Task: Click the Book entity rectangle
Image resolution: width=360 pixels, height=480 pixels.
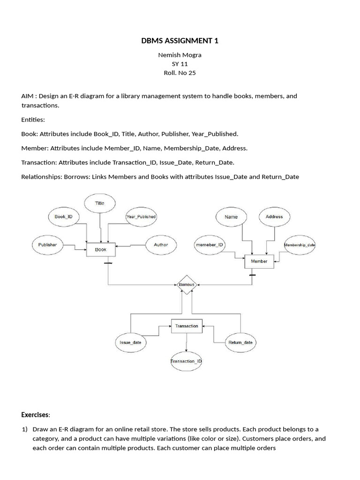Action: (x=101, y=249)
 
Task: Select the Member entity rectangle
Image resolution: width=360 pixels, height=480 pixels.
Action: (x=259, y=261)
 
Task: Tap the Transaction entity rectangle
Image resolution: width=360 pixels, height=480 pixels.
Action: (x=187, y=326)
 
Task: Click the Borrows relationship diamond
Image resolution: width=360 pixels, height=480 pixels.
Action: (x=186, y=285)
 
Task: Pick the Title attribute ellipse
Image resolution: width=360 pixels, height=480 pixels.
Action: (x=100, y=203)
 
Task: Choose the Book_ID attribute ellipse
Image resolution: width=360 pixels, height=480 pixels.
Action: (x=64, y=217)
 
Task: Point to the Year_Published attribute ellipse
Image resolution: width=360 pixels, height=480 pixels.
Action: (x=141, y=217)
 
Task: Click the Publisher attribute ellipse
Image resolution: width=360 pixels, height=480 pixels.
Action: (x=47, y=245)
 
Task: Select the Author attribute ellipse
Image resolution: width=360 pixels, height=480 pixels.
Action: (x=161, y=245)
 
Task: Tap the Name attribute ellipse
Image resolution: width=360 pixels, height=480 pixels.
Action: (x=231, y=217)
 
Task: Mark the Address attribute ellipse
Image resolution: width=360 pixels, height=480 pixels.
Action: (x=274, y=217)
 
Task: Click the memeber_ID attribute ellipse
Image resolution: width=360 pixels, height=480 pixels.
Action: (x=209, y=245)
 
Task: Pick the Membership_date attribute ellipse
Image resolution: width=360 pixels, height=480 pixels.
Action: (x=300, y=245)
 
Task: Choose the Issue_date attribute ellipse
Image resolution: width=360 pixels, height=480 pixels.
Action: (x=130, y=342)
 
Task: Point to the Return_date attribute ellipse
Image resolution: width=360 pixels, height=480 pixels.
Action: (x=240, y=342)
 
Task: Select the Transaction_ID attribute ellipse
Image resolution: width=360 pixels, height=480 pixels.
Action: (x=186, y=361)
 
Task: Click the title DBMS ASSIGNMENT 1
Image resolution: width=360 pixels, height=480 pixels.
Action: (x=180, y=41)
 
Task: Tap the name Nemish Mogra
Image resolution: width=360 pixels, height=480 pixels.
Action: (x=180, y=55)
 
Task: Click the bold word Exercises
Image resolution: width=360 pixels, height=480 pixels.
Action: (x=35, y=415)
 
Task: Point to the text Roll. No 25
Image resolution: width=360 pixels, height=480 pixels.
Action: (x=180, y=73)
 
